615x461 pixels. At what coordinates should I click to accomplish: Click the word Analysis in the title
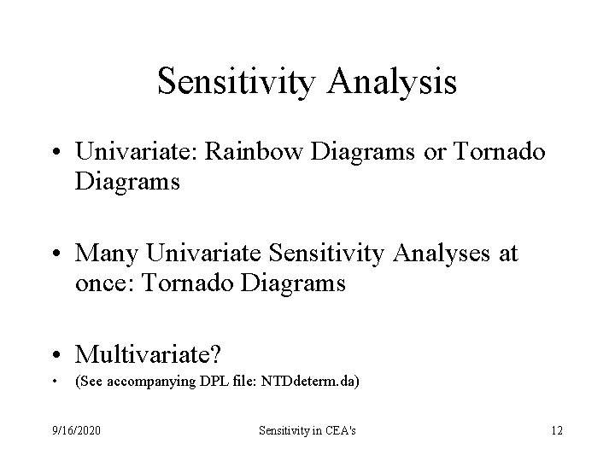click(x=393, y=83)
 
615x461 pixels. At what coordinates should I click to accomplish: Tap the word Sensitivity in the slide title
click(x=238, y=83)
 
